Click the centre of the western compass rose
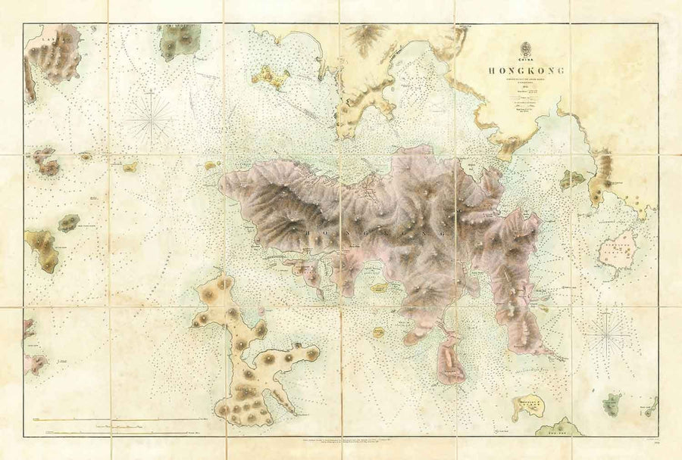point(150,118)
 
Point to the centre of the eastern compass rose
point(607,333)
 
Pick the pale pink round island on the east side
point(618,249)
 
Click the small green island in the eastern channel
point(572,179)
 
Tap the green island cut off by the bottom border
point(558,428)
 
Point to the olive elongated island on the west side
point(43,250)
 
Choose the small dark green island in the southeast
point(612,404)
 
